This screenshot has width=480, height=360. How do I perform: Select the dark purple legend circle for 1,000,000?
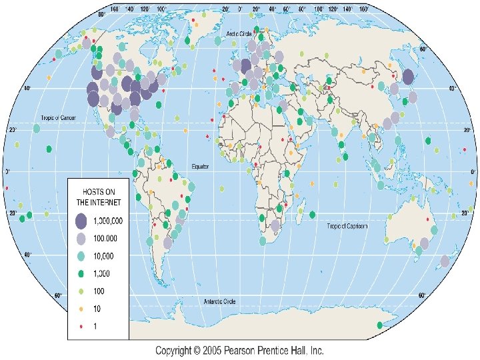point(81,221)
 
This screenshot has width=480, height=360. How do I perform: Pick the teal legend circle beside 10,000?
point(81,256)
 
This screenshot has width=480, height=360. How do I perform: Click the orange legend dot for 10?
point(81,309)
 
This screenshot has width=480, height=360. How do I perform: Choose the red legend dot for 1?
point(81,326)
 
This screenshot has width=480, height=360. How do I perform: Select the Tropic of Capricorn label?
point(347,226)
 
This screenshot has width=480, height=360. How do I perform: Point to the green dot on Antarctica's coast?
point(379,325)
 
